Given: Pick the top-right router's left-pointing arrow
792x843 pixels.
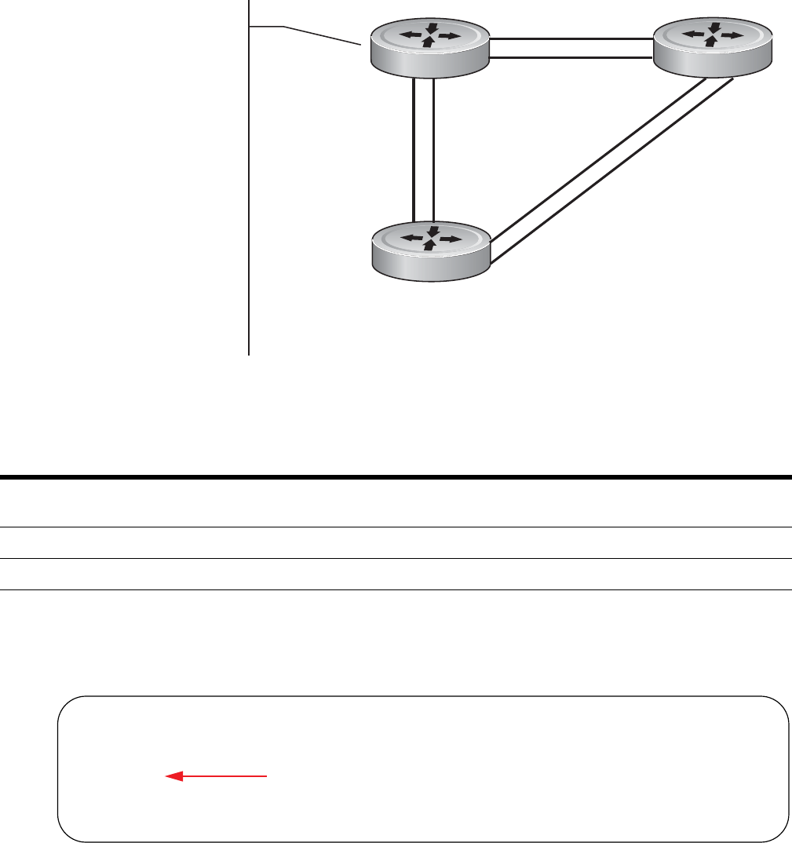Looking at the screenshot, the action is point(692,35).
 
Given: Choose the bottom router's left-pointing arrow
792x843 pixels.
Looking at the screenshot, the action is point(408,237).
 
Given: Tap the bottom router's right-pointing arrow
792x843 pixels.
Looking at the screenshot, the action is point(451,238).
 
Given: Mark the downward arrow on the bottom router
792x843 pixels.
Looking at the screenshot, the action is point(429,231).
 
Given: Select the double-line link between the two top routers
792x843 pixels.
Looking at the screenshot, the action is point(571,48).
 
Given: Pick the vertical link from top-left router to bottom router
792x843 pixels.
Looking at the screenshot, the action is point(423,149).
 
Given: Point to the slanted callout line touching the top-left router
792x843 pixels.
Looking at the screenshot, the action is point(322,36).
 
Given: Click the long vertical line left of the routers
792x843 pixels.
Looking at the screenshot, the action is point(249,196).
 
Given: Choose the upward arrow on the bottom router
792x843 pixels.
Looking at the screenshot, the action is point(429,245).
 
